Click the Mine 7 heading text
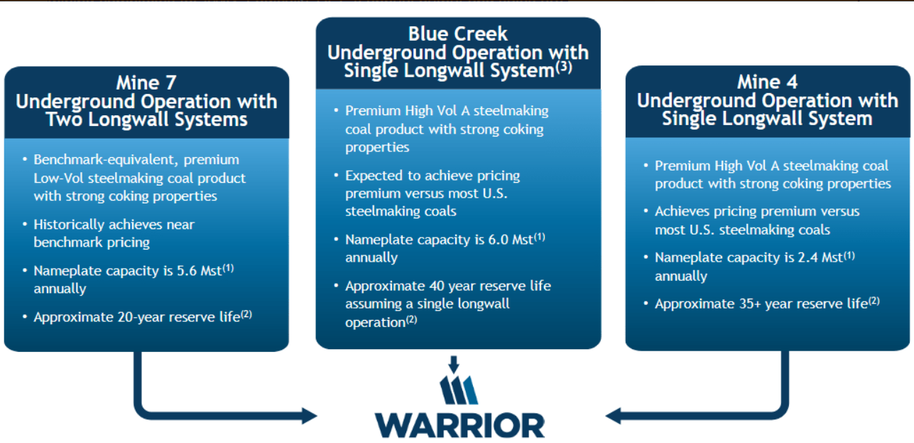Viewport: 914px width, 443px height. tap(146, 82)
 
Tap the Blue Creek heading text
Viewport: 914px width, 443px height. tap(457, 34)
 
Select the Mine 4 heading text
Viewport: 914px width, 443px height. tap(767, 82)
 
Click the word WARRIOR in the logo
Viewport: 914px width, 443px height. tap(459, 425)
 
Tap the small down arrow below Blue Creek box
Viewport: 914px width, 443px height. tap(455, 364)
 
